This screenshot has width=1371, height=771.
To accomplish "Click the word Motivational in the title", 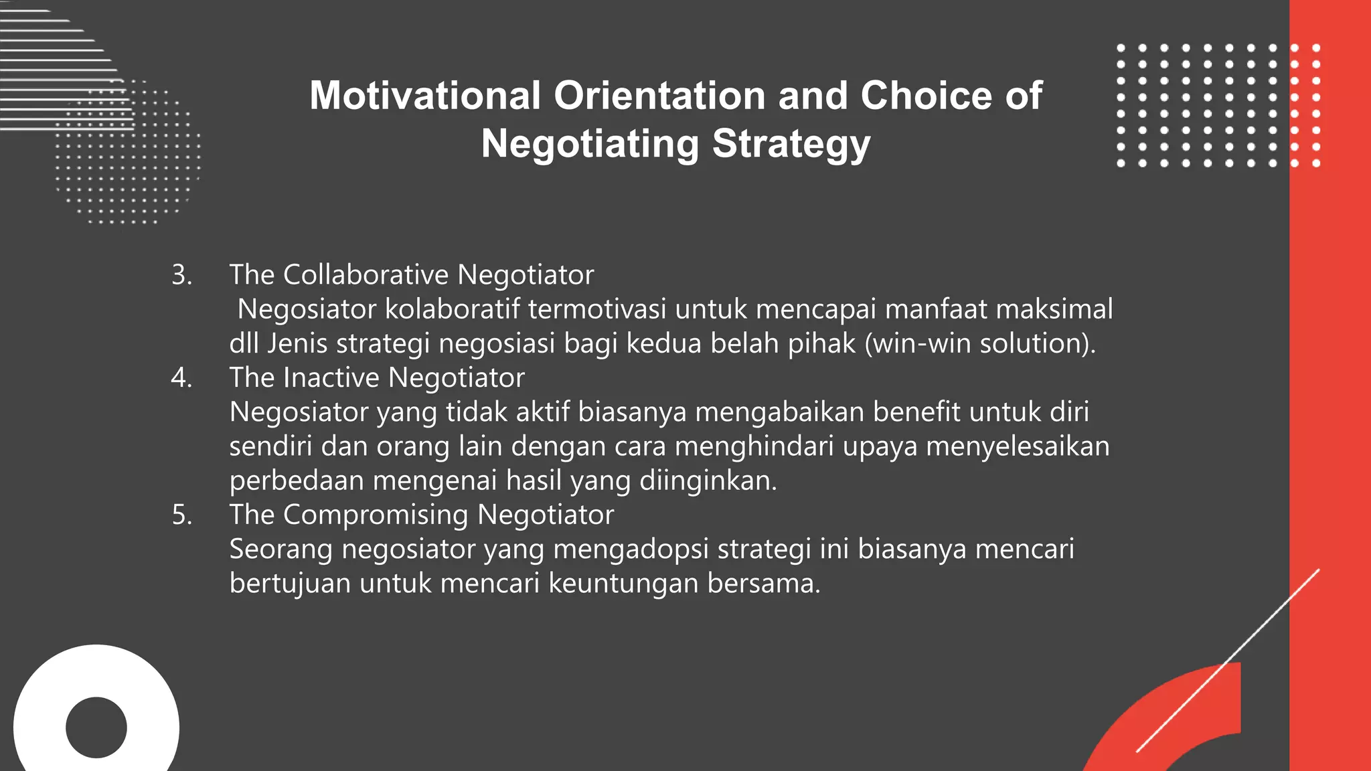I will click(x=424, y=96).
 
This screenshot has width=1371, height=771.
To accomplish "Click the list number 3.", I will click(x=181, y=275).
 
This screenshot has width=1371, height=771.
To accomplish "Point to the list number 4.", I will click(x=181, y=378).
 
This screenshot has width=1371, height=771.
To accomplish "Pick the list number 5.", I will click(x=181, y=515).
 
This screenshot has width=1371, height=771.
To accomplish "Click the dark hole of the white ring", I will click(x=96, y=727).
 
